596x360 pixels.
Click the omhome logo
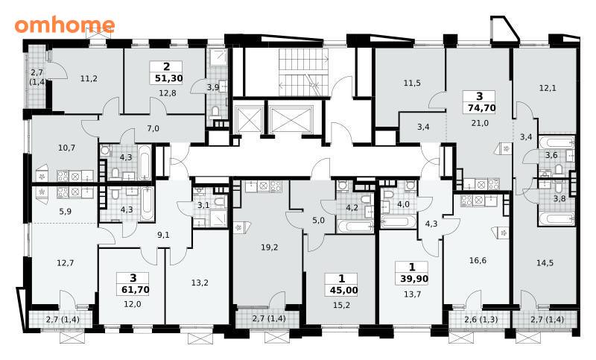coord(65,25)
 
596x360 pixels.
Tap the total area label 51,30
coord(169,79)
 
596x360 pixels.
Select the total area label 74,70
coord(481,108)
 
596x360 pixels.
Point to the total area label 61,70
coord(136,290)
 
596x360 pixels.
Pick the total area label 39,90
coord(414,279)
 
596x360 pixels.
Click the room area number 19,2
coord(270,247)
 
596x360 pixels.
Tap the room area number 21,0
coord(480,123)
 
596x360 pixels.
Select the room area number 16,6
coord(478,260)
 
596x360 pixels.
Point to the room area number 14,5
coord(545,262)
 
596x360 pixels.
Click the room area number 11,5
coord(412,83)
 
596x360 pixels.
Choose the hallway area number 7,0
coord(153,128)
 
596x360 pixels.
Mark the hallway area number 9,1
coord(163,235)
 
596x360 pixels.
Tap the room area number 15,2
coord(341,305)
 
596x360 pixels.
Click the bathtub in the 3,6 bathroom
coord(557,142)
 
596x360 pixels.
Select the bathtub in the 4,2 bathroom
coord(356,226)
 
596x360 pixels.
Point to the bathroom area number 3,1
coord(203,205)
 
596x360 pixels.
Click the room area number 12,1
coord(548,88)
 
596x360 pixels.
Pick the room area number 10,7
coord(66,148)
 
